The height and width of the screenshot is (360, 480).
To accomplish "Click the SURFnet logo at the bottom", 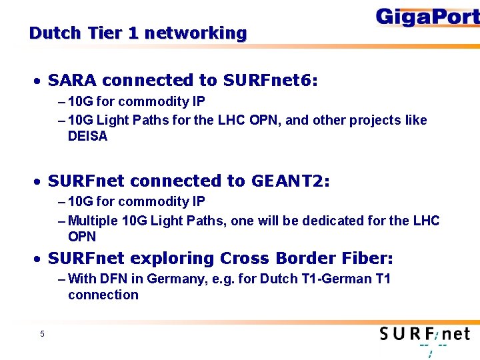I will pyautogui.click(x=425, y=335).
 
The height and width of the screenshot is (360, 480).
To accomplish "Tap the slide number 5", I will pyautogui.click(x=41, y=334).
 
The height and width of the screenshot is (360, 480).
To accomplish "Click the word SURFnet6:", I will pyautogui.click(x=271, y=81).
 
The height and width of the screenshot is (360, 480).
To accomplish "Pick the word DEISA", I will pyautogui.click(x=87, y=137).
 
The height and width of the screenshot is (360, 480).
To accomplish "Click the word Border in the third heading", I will pyautogui.click(x=291, y=258).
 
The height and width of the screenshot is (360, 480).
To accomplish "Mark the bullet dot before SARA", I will pyautogui.click(x=41, y=81).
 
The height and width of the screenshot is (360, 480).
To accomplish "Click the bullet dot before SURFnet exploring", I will pyautogui.click(x=41, y=259).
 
